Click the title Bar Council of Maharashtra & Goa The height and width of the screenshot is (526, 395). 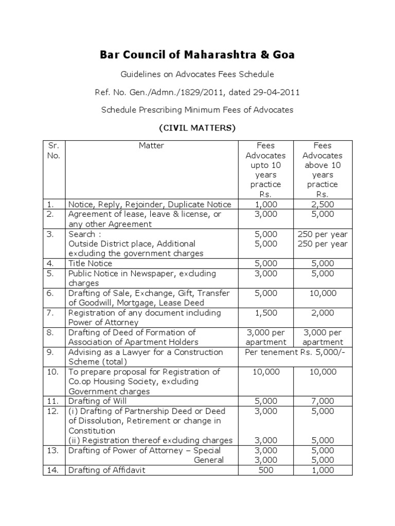pos(197,55)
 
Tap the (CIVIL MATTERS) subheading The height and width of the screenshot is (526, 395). pos(197,127)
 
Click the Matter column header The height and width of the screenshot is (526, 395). pos(151,146)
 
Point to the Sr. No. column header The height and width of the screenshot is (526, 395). pos(53,151)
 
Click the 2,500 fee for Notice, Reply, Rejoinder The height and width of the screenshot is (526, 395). pos(322,204)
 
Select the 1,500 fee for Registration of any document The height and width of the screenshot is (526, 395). pos(266,313)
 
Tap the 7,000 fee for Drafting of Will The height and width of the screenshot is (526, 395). pos(322,401)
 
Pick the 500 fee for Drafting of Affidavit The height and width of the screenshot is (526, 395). pos(266,470)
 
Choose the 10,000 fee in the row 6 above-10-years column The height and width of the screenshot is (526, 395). pos(322,293)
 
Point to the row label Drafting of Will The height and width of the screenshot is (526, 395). pos(97,401)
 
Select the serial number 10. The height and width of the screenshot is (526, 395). pos(53,372)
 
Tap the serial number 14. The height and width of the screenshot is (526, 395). pos(53,470)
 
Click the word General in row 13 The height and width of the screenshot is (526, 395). pos(208,460)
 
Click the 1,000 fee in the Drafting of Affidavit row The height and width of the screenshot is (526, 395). pos(322,470)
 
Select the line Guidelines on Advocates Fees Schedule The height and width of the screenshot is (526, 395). pos(197,74)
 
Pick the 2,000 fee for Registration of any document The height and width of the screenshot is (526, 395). pos(322,313)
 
